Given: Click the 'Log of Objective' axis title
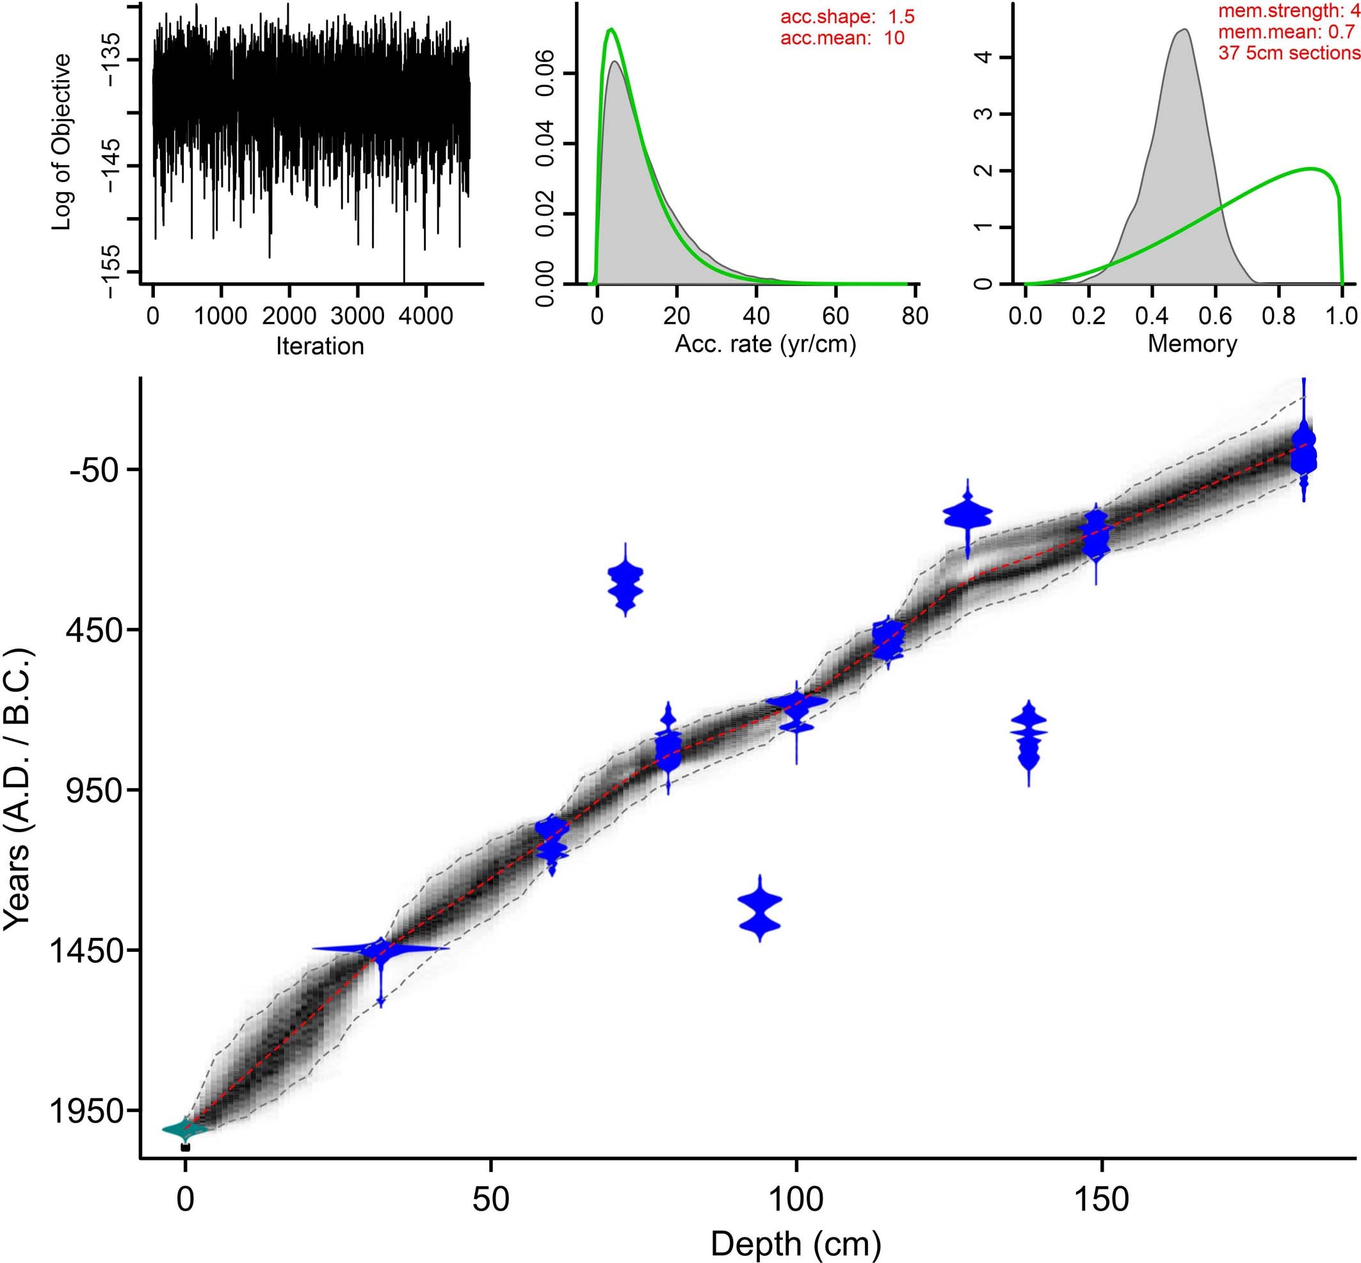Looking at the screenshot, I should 61,142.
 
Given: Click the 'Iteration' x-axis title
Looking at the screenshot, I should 319,346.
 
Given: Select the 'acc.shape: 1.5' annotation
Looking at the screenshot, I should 847,17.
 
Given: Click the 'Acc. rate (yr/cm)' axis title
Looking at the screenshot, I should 765,344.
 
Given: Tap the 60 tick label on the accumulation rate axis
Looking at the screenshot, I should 835,316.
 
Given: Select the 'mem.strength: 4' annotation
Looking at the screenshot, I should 1289,10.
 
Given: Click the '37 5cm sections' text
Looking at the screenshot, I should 1289,52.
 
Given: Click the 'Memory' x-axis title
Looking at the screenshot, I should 1192,343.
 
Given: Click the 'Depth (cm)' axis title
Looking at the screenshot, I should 796,1243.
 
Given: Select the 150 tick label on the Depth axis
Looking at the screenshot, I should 1101,1198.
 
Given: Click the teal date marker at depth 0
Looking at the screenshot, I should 183,1129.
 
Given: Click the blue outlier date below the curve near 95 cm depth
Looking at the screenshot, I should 759,909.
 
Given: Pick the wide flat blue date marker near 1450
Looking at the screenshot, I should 381,949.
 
